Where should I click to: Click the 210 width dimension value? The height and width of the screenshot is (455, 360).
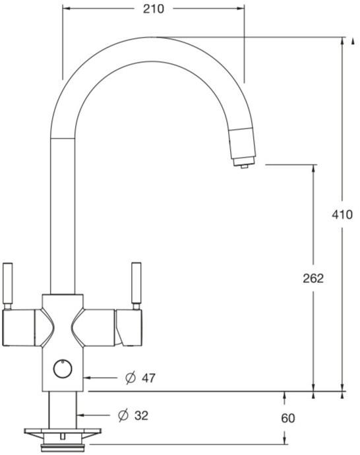point(153,9)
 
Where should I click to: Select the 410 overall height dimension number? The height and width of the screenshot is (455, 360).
point(342,214)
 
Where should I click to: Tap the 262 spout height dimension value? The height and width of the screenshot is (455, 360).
point(313,278)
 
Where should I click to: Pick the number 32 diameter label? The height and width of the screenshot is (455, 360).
point(141,415)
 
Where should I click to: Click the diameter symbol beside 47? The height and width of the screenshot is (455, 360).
point(130,378)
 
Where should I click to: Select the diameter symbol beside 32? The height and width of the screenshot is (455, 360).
point(122,415)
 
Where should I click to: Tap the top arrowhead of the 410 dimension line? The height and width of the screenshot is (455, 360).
point(342,42)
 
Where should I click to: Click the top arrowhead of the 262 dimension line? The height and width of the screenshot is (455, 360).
point(313,167)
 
